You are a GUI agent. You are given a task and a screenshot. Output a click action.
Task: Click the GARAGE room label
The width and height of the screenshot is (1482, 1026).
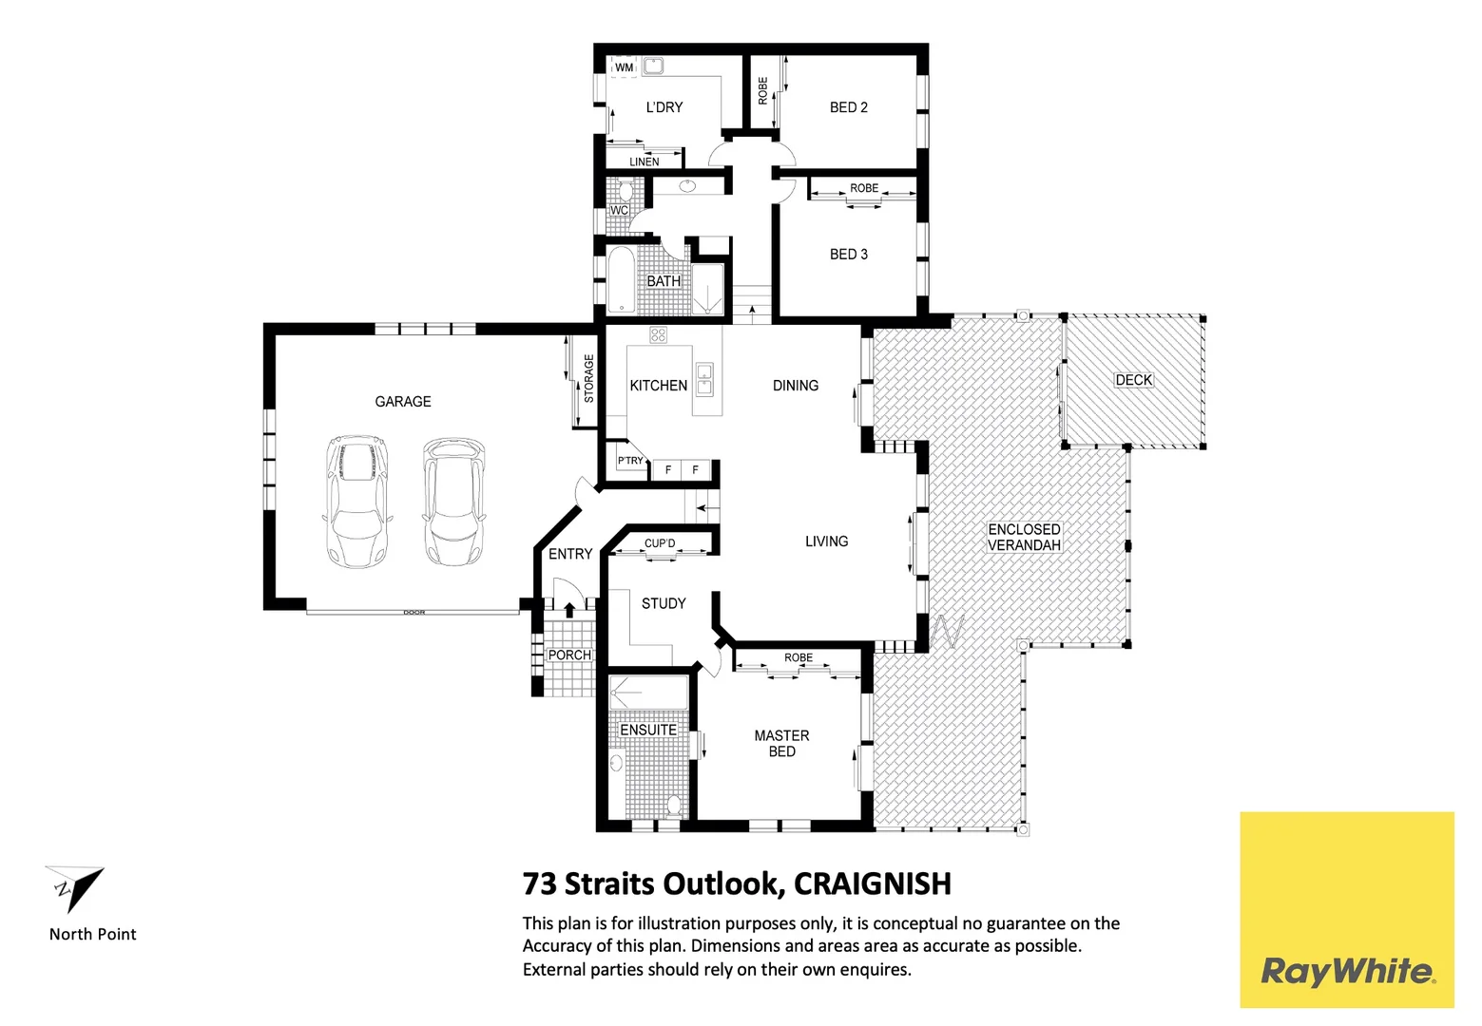[x=402, y=402]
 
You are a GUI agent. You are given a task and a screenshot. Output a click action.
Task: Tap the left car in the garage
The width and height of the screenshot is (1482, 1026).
[x=357, y=502]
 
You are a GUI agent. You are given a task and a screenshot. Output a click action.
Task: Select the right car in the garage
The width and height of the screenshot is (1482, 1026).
[x=452, y=502]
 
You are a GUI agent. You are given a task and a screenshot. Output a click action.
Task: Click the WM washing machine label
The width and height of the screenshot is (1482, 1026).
[x=624, y=67]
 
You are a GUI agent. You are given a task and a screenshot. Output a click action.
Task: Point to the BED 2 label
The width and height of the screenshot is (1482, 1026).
[x=848, y=107]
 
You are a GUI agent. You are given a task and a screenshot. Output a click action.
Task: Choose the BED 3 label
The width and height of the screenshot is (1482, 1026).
[x=848, y=255]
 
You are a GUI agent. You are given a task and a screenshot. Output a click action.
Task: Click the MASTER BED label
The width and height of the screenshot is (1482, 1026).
[x=781, y=744]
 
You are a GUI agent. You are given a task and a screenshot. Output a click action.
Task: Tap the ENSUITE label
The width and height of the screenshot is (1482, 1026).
[x=648, y=730]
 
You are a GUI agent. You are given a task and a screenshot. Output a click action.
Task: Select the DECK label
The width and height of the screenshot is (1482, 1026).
[x=1133, y=380]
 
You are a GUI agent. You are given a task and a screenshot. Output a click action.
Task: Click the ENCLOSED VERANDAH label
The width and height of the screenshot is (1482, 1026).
[x=1024, y=538]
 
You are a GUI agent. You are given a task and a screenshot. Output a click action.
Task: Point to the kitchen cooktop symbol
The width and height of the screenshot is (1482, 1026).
[x=658, y=334]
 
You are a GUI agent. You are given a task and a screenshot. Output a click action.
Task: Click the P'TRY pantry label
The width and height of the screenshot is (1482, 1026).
[x=629, y=461]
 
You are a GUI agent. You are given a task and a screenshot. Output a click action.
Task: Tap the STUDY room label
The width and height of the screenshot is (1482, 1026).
[x=663, y=603]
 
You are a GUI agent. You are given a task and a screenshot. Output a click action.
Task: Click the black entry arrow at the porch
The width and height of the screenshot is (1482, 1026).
[x=569, y=609]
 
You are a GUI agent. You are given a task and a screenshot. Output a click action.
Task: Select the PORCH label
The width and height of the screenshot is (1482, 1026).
[x=568, y=655]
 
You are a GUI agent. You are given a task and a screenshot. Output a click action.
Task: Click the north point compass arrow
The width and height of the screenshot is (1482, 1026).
[x=75, y=888]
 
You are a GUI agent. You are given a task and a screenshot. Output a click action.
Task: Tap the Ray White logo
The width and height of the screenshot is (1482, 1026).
[x=1346, y=971]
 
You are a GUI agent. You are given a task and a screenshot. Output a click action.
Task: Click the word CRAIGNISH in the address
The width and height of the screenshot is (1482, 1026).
[x=872, y=884]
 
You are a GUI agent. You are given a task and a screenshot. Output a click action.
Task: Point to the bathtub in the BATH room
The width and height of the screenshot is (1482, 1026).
[x=620, y=280]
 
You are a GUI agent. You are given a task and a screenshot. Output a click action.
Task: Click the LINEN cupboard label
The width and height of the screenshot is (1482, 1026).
[x=644, y=161]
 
